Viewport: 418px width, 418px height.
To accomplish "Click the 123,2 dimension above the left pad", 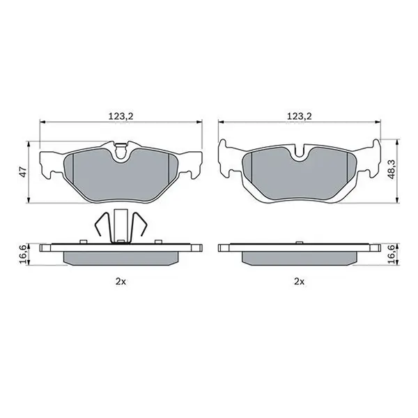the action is point(121,116).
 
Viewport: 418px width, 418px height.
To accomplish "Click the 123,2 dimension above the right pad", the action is point(299,116).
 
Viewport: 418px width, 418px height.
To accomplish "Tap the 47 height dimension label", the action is point(24,172).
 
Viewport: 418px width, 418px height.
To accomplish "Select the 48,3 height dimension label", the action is point(392,170).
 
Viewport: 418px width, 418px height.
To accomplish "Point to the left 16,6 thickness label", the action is point(24,254).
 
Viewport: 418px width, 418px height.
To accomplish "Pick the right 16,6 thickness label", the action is point(392,254).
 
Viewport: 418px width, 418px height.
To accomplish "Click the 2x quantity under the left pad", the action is point(121,281).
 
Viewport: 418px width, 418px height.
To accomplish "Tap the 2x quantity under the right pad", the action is point(299,281).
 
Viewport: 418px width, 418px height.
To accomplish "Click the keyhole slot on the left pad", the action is point(121,151).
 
